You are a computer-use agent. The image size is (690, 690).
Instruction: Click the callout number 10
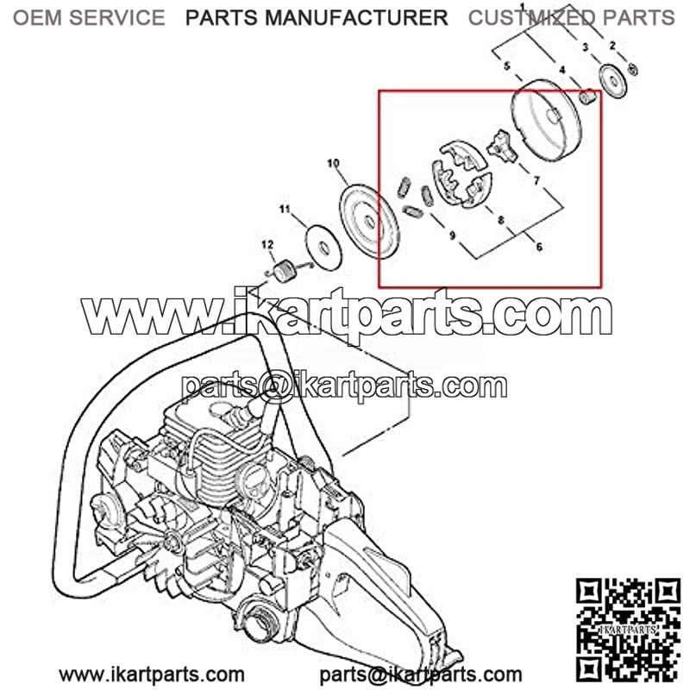click(333, 163)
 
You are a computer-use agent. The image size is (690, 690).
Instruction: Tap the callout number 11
click(285, 208)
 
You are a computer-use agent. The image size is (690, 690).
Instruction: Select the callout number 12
click(267, 244)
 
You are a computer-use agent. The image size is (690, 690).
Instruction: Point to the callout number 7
click(536, 180)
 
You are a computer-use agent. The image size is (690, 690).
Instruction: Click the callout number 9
click(452, 235)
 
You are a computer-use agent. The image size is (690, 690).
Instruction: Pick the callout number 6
click(539, 247)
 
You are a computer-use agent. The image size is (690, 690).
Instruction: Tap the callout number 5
click(507, 66)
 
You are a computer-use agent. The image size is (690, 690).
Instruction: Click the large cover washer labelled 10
click(370, 222)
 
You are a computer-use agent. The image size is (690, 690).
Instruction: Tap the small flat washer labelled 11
click(323, 247)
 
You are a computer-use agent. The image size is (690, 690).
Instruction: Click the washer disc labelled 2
click(612, 81)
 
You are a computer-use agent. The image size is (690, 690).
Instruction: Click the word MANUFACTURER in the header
click(356, 17)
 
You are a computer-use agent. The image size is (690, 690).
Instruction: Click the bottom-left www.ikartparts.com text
click(152, 674)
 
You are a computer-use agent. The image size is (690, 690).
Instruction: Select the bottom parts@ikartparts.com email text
click(421, 674)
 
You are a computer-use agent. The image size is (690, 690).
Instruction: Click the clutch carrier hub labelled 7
click(502, 147)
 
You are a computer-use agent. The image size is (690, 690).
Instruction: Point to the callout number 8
click(500, 219)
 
